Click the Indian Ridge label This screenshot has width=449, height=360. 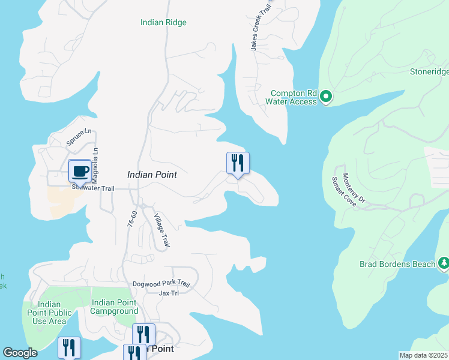tap(163, 22)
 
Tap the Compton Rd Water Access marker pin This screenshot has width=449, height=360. tap(326, 96)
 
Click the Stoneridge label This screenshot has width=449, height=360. tap(429, 72)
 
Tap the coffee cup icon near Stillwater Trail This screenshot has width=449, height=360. tap(80, 171)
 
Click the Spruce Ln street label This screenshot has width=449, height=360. tap(79, 136)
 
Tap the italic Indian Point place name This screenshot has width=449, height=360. tap(152, 175)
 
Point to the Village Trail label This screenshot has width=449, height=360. tap(162, 231)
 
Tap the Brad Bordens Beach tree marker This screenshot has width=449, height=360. tap(444, 263)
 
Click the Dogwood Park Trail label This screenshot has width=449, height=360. tap(161, 284)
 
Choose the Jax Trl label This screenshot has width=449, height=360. tap(169, 293)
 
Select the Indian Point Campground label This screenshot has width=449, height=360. tap(114, 307)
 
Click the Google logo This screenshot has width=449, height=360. tap(20, 353)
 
